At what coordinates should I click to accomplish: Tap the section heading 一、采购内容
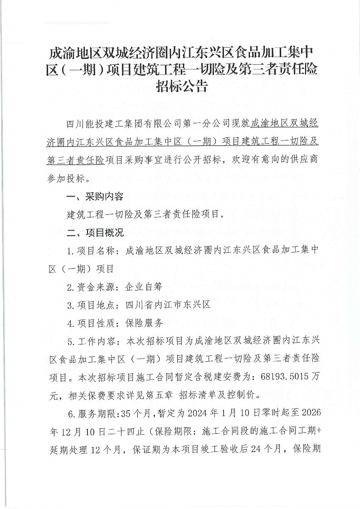(x=94, y=197)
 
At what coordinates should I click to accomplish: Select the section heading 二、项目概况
(x=94, y=233)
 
